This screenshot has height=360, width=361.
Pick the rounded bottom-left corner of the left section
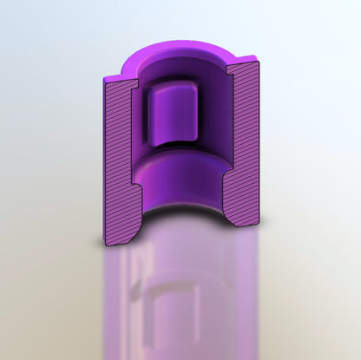coord(107,242)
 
